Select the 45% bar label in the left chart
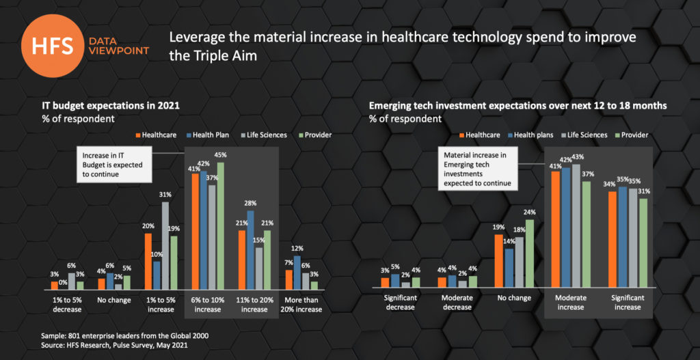(x=220, y=154)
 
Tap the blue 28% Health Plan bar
(x=250, y=250)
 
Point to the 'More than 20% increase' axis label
(x=300, y=305)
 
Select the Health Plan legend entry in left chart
(x=208, y=135)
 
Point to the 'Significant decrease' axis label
(x=400, y=303)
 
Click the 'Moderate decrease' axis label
(x=457, y=303)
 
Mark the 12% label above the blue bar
(x=297, y=249)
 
